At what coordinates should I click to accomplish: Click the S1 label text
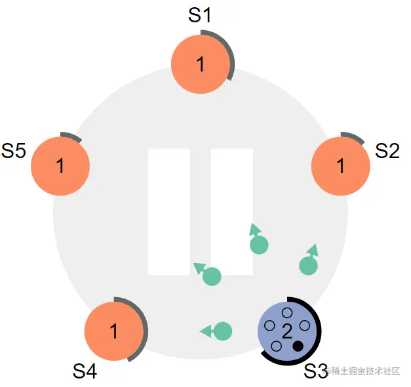200,15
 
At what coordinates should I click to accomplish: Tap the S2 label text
387,151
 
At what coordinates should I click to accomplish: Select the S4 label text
85,371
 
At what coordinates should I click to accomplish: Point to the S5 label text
14,151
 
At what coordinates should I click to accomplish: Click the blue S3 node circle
287,331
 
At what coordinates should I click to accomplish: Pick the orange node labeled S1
201,64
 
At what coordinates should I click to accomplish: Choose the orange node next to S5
60,166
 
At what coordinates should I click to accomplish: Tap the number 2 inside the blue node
286,331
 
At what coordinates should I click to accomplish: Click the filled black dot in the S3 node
298,346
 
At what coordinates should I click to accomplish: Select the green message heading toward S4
216,331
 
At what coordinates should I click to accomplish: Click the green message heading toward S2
309,260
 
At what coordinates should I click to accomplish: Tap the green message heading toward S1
258,239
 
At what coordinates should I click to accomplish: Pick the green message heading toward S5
208,274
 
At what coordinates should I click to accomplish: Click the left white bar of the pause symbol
169,212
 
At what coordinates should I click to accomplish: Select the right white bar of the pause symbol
232,212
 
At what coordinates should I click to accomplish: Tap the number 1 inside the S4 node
114,331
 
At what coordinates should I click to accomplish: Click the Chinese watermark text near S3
363,371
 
